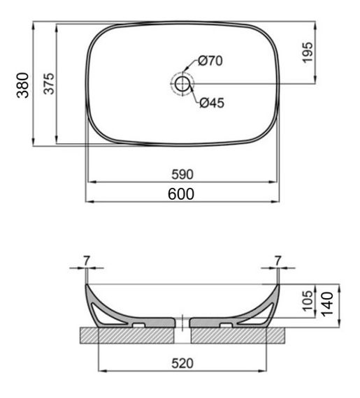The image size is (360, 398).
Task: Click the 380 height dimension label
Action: pyautogui.click(x=23, y=85)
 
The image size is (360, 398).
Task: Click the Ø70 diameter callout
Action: pyautogui.click(x=210, y=61)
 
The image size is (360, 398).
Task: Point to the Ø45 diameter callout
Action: pyautogui.click(x=211, y=103)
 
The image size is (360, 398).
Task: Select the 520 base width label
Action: pyautogui.click(x=183, y=363)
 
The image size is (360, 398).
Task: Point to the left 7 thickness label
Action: pyautogui.click(x=86, y=260)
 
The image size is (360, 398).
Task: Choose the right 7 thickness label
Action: pyautogui.click(x=278, y=260)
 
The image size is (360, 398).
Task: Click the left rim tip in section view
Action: pyautogui.click(x=87, y=285)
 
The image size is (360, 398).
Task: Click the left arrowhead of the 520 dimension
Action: pyautogui.click(x=102, y=371)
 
